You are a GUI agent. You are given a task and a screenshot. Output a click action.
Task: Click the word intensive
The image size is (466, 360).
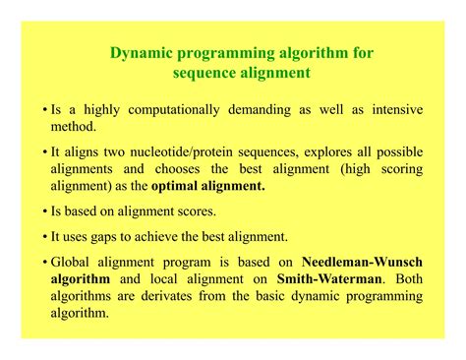click(x=392, y=109)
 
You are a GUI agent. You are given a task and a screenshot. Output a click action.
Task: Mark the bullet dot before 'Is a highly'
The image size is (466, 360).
click(x=46, y=110)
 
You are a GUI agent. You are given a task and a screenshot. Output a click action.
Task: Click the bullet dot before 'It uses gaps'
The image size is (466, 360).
click(x=46, y=236)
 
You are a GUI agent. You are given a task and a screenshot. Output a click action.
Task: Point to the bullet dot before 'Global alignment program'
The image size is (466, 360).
click(x=46, y=263)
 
